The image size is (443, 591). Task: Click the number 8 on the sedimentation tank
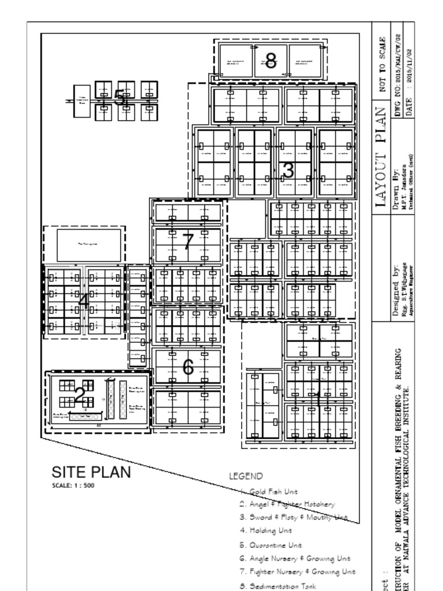tap(271, 60)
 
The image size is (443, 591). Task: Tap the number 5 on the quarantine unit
tap(119, 98)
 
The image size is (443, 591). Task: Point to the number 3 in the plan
tap(288, 170)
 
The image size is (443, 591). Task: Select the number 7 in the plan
tap(188, 241)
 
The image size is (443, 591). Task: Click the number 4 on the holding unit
tap(84, 301)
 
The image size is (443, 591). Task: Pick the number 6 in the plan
tap(188, 366)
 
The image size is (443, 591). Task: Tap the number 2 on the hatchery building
tap(80, 395)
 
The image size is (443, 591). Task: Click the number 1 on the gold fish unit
tap(317, 398)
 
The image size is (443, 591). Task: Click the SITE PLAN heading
tap(91, 472)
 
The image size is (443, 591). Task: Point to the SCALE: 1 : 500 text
tap(73, 485)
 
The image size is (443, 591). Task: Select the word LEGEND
tap(246, 476)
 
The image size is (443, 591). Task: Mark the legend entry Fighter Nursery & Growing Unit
tap(297, 571)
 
